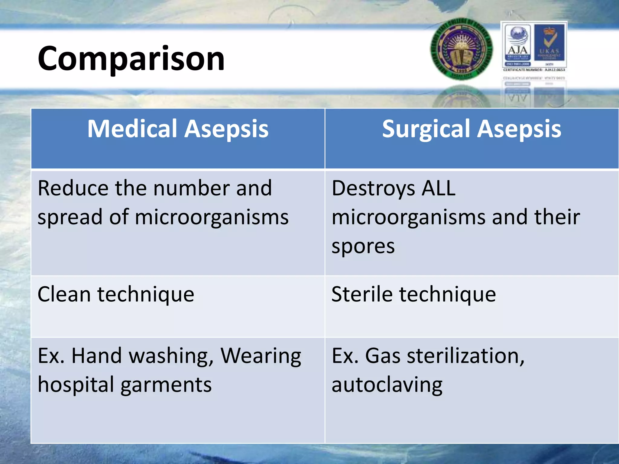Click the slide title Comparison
(x=131, y=58)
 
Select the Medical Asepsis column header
(x=178, y=129)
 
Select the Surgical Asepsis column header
(x=472, y=129)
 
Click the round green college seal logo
(x=462, y=49)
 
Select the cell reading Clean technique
(x=116, y=294)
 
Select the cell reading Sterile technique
(x=413, y=294)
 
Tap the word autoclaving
(x=387, y=385)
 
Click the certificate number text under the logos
(x=534, y=70)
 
